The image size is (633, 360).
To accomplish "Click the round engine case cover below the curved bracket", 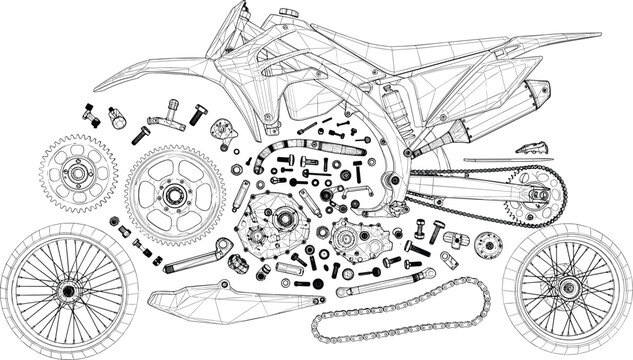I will (x=271, y=226).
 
